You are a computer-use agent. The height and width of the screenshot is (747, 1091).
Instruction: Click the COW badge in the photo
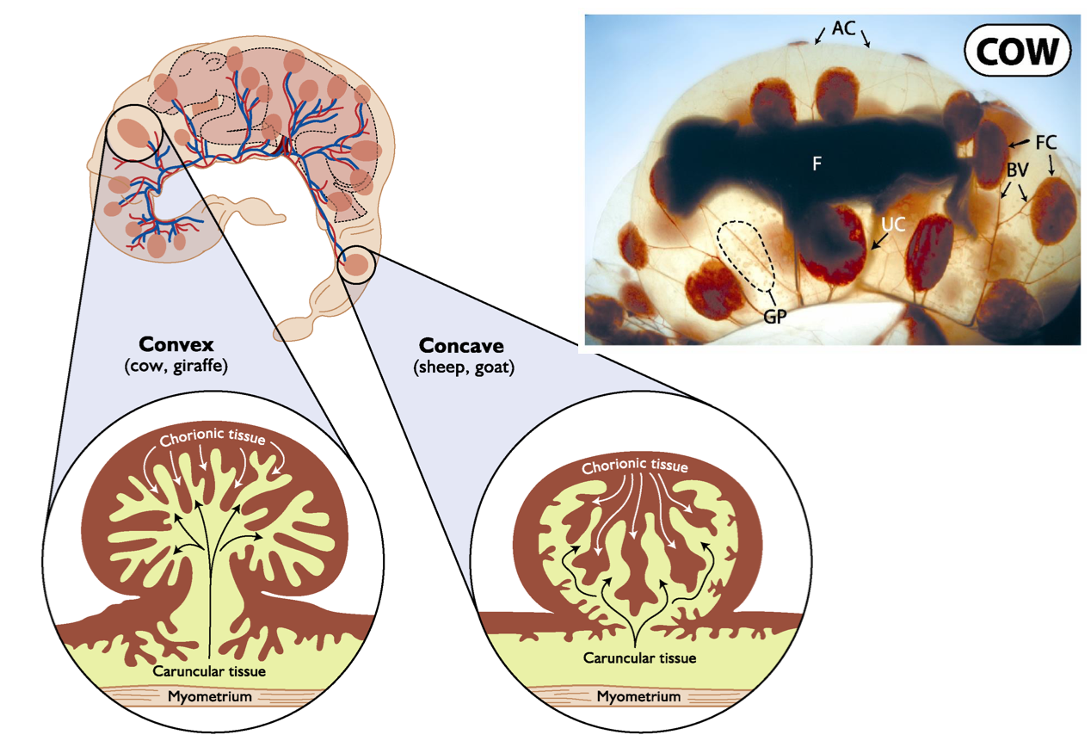[x=1017, y=52]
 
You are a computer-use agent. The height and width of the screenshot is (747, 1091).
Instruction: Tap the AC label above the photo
[x=843, y=29]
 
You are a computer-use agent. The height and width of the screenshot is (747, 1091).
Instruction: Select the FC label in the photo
[x=1045, y=143]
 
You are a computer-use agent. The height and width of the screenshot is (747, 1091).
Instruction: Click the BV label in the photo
[x=1019, y=170]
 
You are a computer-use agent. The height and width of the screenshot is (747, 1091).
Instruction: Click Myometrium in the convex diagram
[x=210, y=696]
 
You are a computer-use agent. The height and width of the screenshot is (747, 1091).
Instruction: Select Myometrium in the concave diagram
[x=638, y=696]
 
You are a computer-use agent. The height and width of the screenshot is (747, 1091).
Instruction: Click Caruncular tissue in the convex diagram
[x=210, y=670]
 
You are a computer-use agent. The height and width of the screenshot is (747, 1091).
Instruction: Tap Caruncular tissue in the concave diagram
[x=638, y=658]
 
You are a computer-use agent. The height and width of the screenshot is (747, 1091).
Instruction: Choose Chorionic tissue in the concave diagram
[x=635, y=467]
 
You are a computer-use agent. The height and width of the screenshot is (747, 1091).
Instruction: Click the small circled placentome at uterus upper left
[x=133, y=134]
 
